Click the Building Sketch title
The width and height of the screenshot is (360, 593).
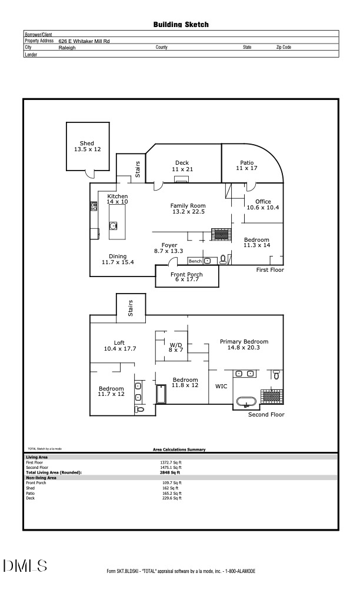tap(181, 25)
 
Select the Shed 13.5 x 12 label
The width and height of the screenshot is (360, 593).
tap(87, 146)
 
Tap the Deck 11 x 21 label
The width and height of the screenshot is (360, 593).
tap(182, 166)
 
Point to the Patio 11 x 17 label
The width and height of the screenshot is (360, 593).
tap(246, 166)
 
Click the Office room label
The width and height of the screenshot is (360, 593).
tap(263, 204)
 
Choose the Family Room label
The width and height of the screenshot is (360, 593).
tap(188, 209)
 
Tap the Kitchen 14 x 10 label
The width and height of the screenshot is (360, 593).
tap(117, 199)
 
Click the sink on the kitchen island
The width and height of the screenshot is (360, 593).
tap(114, 225)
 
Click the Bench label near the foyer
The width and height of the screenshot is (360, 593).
tap(195, 261)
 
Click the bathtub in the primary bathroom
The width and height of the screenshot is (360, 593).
tap(246, 402)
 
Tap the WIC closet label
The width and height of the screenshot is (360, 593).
tap(221, 387)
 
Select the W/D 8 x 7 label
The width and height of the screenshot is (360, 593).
tap(176, 347)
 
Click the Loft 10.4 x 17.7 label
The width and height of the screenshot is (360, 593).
tap(119, 346)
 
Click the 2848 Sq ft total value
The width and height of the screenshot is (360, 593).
tap(170, 472)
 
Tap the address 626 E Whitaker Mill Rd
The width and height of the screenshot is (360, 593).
tap(84, 41)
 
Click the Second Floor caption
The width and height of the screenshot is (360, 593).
tap(266, 415)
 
